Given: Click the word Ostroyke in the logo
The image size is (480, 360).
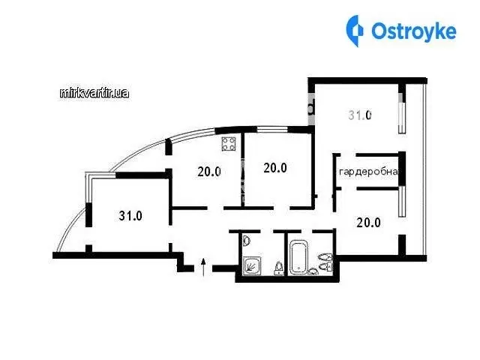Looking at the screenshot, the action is pyautogui.click(x=414, y=31).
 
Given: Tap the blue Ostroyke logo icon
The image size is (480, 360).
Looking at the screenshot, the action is pyautogui.click(x=355, y=31).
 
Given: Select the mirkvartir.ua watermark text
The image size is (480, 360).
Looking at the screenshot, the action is pyautogui.click(x=94, y=93).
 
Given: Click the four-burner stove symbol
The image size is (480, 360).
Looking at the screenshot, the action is pyautogui.click(x=229, y=144).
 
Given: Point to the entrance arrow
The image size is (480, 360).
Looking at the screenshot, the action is pyautogui.click(x=203, y=267).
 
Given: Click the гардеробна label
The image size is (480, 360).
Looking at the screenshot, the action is pyautogui.click(x=369, y=172).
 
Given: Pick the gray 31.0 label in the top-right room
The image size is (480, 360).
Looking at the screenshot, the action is pyautogui.click(x=360, y=115).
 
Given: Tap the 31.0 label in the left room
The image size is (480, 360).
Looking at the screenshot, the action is pyautogui.click(x=130, y=216).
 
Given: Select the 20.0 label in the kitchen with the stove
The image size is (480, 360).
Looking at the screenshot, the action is pyautogui.click(x=209, y=172).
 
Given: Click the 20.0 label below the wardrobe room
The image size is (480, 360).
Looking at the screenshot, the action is pyautogui.click(x=368, y=223).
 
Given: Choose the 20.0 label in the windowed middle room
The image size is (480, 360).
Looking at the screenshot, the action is pyautogui.click(x=275, y=168).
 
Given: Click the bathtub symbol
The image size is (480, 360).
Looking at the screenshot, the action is pyautogui.click(x=298, y=256).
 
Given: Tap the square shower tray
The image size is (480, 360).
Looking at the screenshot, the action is pyautogui.click(x=253, y=265).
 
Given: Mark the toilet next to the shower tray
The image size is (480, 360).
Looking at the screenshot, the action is pyautogui.click(x=278, y=268).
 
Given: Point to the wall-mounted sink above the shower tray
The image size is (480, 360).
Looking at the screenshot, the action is pyautogui.click(x=247, y=241).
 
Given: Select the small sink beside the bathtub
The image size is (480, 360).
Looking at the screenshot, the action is pyautogui.click(x=313, y=271).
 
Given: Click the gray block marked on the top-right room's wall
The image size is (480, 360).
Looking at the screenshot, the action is pyautogui.click(x=311, y=109).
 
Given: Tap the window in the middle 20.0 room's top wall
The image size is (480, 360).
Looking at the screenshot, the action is pyautogui.click(x=272, y=130).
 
